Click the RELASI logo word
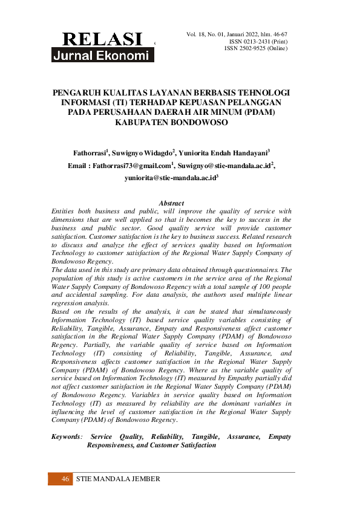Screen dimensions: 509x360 pos(102,39)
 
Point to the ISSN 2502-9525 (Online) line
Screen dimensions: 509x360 pos(256,48)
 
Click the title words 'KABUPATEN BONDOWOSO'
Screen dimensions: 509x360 pos(171,123)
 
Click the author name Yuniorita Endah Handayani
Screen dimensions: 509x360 pos(224,152)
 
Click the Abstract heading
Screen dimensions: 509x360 pos(171,203)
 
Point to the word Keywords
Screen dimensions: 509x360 pos(65,436)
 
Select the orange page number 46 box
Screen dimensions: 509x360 pos(60,479)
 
